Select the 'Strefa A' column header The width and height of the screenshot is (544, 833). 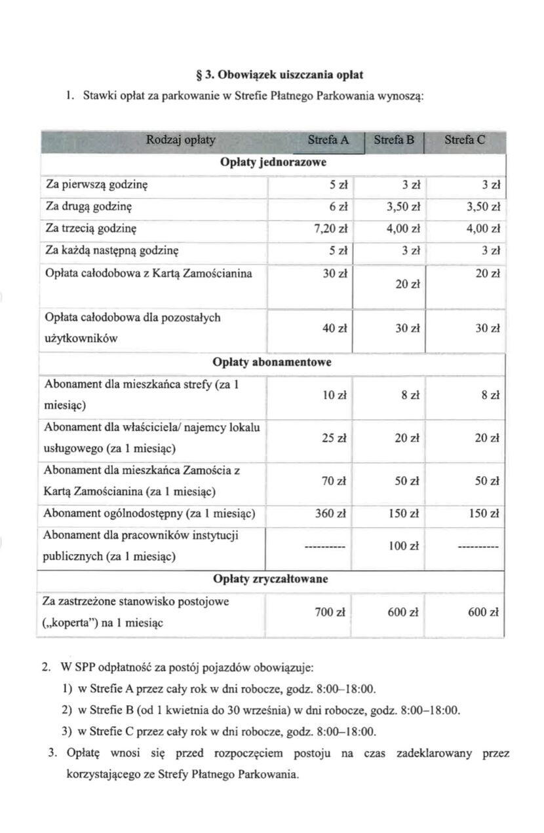click(328, 140)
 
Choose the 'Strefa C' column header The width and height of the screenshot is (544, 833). click(465, 140)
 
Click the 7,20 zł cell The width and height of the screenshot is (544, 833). click(333, 229)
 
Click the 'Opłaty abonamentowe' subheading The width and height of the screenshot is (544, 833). click(272, 362)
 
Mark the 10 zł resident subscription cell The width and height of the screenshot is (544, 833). click(334, 396)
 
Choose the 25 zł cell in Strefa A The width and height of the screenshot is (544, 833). click(334, 438)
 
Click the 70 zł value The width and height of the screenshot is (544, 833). click(334, 481)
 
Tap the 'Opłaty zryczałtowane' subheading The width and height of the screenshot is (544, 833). click(271, 580)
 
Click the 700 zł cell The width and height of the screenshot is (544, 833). click(332, 612)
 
